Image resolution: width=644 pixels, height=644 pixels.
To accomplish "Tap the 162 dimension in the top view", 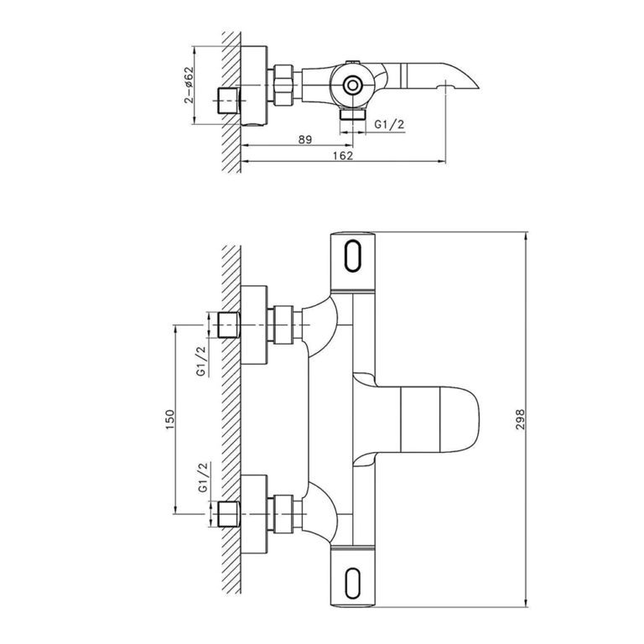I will (342, 154).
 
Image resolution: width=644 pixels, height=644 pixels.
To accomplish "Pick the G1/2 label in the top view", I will (389, 124).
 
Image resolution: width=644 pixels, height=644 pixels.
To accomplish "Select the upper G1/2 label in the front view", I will (201, 361).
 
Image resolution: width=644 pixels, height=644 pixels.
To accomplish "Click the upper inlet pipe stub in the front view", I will (227, 325).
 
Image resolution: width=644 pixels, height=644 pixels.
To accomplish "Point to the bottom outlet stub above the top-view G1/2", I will (352, 117).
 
